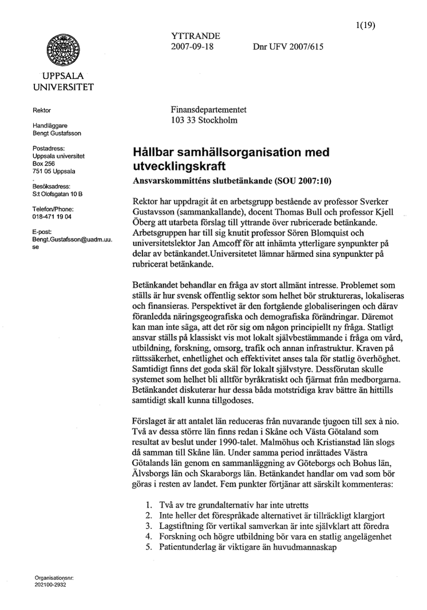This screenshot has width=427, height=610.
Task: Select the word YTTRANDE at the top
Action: [192, 36]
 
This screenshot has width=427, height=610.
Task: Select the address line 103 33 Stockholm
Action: [204, 121]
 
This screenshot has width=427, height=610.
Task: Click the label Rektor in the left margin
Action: [42, 110]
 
